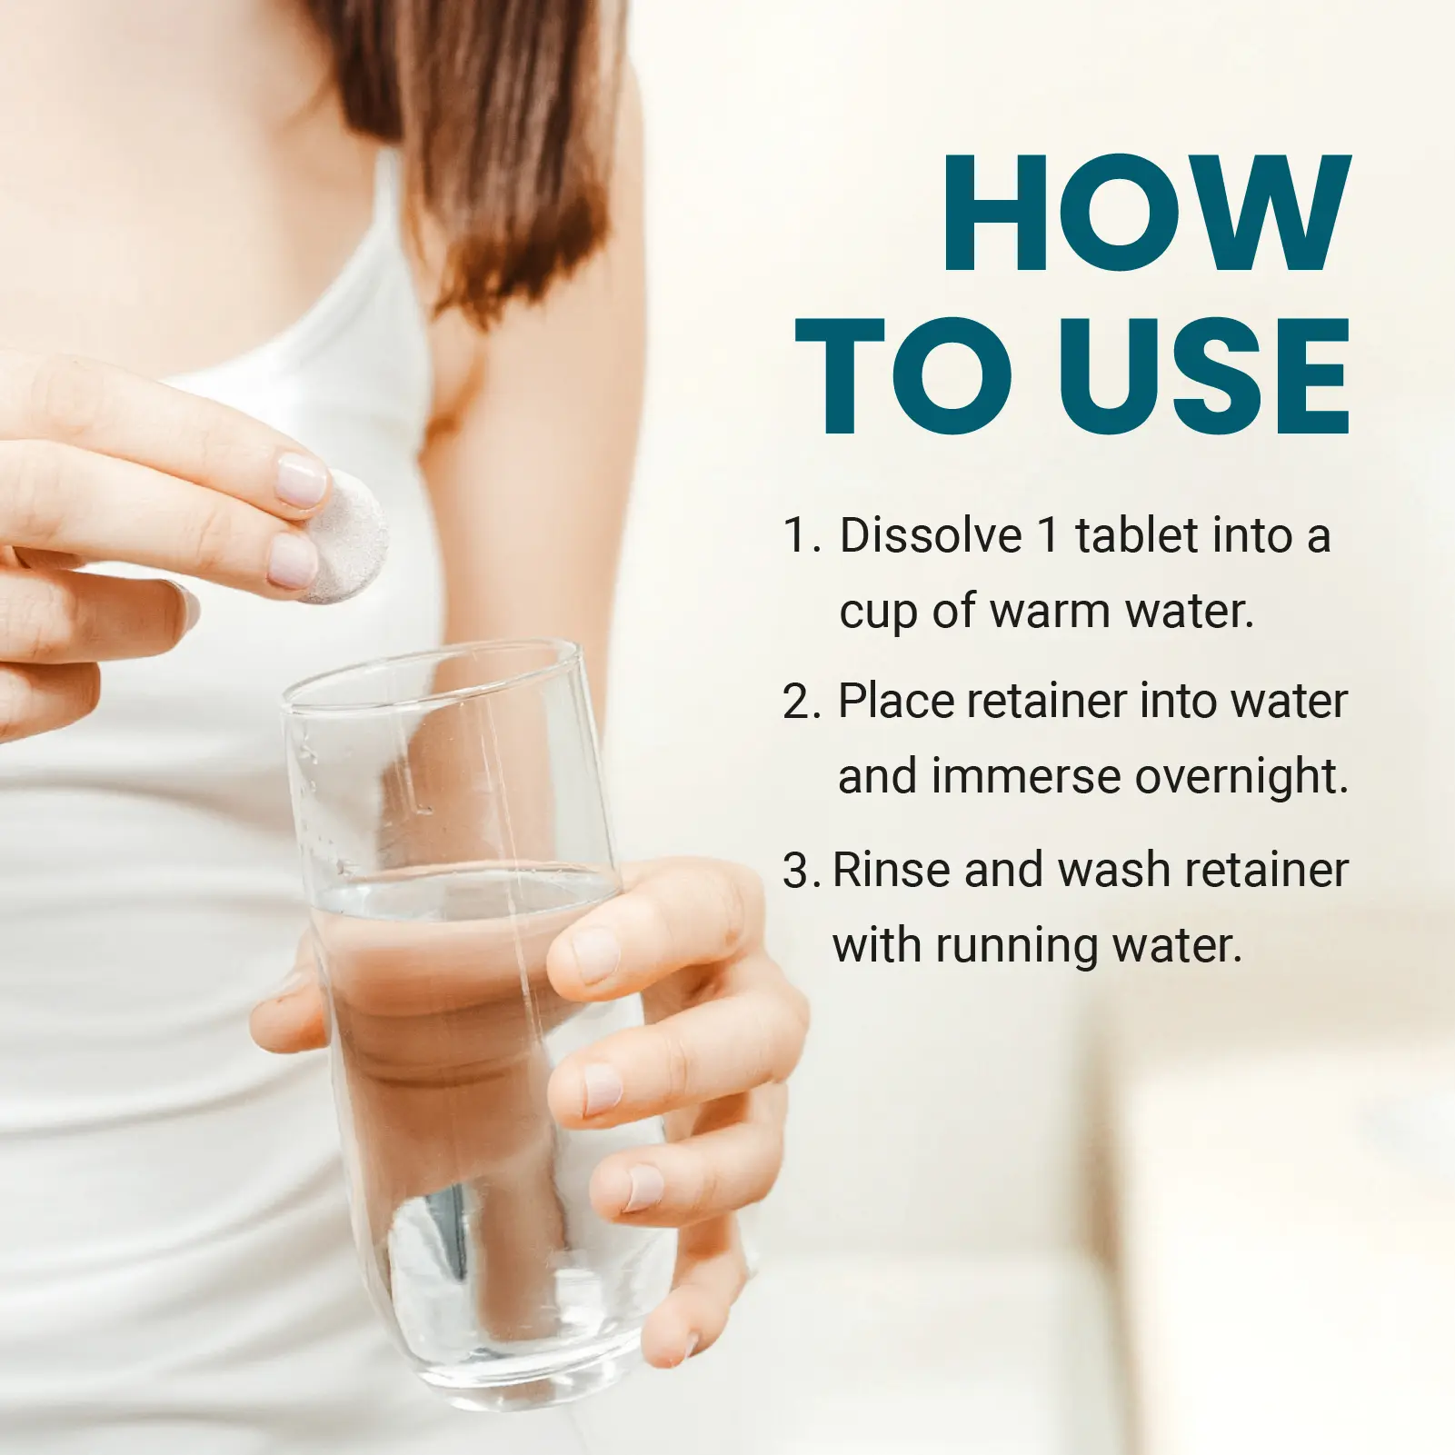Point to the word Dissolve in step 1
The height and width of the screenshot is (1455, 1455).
click(931, 535)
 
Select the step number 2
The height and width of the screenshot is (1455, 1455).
click(801, 702)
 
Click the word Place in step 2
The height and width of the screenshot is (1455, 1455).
click(896, 702)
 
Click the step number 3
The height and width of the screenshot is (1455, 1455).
click(801, 871)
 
